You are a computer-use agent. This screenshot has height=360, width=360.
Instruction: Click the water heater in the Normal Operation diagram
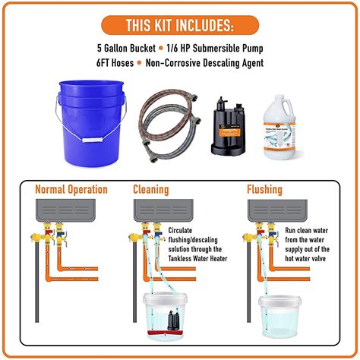coord(71,209)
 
